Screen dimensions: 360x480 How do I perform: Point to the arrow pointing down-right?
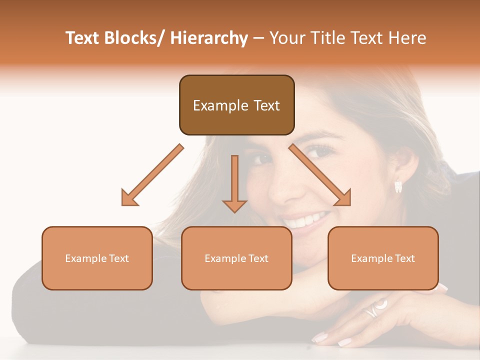[320, 175]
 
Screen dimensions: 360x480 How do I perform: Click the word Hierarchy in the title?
[209, 38]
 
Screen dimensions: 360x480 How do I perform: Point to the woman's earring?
[398, 186]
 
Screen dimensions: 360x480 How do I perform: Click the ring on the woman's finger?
[375, 308]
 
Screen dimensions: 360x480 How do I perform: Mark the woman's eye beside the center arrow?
[261, 159]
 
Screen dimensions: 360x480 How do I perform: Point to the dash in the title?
[258, 38]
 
